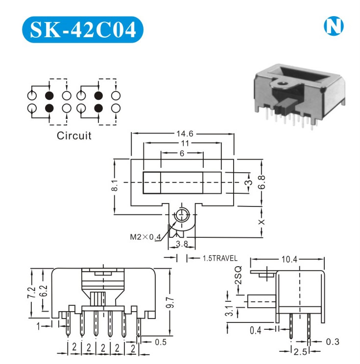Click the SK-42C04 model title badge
(x=82, y=29)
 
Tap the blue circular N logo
(x=334, y=26)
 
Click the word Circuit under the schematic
(x=74, y=136)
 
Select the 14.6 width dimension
(x=185, y=134)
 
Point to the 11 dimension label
(x=185, y=143)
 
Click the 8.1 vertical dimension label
(x=115, y=185)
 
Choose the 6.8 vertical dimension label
(x=262, y=182)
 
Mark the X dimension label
(x=262, y=222)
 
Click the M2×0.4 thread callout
(x=145, y=237)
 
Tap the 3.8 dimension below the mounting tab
(x=182, y=244)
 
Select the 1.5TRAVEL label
(x=220, y=258)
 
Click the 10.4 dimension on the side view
(x=289, y=259)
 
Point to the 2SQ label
(x=238, y=275)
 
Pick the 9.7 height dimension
(x=170, y=302)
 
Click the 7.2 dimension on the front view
(x=31, y=293)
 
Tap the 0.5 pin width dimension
(x=161, y=342)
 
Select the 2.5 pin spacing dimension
(x=300, y=352)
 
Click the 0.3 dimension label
(x=333, y=341)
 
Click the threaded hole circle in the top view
(x=182, y=215)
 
